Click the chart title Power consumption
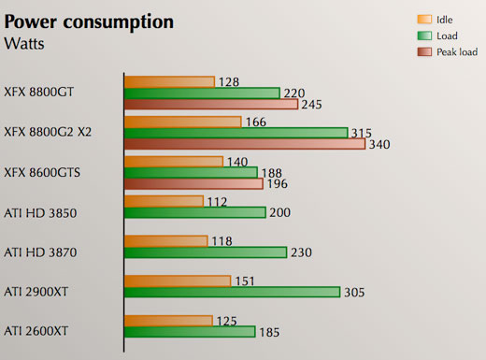(89, 22)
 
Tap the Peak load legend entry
(456, 52)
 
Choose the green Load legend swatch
(423, 36)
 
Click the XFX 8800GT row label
(39, 92)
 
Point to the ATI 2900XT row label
(36, 292)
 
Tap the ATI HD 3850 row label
(40, 213)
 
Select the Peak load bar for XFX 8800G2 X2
(244, 144)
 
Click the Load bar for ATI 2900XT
(232, 292)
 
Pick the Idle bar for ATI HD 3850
(164, 201)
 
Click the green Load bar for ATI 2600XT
(190, 331)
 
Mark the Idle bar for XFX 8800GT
(169, 81)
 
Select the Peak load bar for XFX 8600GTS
(193, 183)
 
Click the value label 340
(379, 145)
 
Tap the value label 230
(302, 252)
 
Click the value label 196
(278, 184)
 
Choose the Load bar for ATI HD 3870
(206, 252)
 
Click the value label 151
(245, 281)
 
